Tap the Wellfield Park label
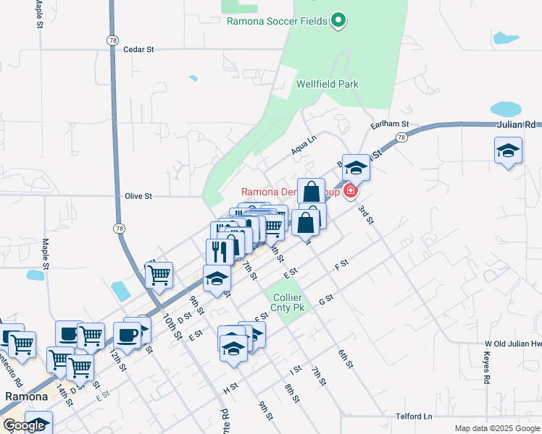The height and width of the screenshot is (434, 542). (x=328, y=84)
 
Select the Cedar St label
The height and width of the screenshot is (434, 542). (x=139, y=50)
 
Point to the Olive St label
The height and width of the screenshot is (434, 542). (x=138, y=196)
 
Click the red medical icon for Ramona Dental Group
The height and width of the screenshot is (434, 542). (x=351, y=191)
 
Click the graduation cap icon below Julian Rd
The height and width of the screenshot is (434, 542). (x=508, y=152)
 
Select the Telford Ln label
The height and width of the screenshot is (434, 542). (x=414, y=417)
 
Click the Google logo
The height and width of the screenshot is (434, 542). (x=24, y=425)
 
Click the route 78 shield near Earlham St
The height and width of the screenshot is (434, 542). (x=401, y=137)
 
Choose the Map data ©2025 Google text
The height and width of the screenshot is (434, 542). (x=497, y=428)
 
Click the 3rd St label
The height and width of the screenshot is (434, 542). (x=364, y=215)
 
